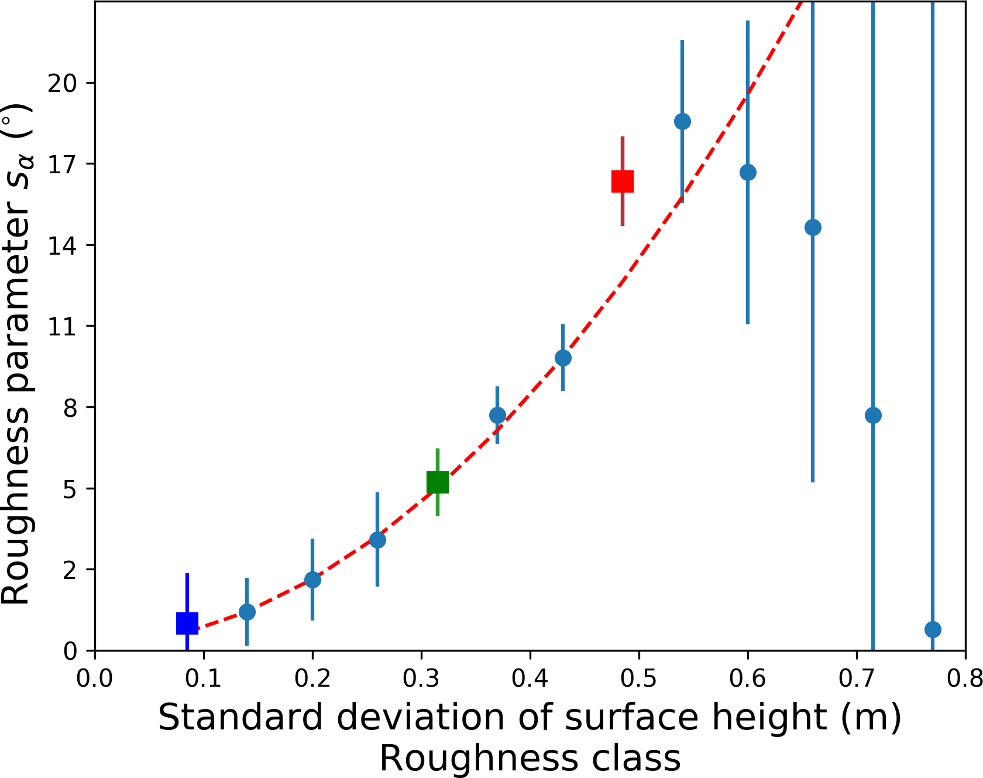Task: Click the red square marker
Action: click(x=623, y=181)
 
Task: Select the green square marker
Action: click(x=438, y=482)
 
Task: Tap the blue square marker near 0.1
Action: click(x=187, y=623)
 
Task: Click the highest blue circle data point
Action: click(x=682, y=122)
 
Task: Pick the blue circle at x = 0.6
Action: click(x=748, y=173)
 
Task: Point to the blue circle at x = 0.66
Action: click(x=813, y=227)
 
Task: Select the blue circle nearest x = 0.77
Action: click(x=933, y=629)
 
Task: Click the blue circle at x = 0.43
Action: click(x=563, y=358)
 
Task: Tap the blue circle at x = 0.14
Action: click(x=247, y=612)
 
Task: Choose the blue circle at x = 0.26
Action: click(x=377, y=540)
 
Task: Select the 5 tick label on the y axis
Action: click(x=70, y=489)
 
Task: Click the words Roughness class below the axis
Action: click(x=530, y=760)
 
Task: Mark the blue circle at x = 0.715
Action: click(x=873, y=416)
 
